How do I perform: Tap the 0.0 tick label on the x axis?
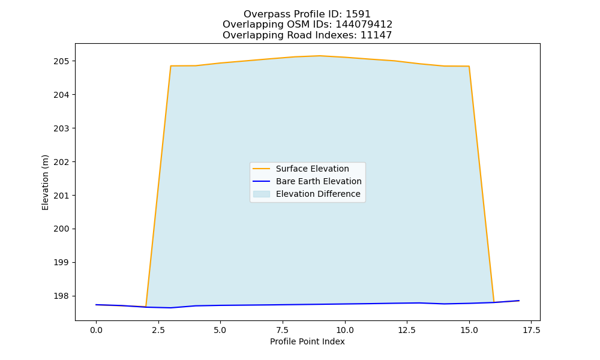coord(96,330)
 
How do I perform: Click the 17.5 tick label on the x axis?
coord(532,330)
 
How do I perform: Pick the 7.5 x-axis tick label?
coord(283,330)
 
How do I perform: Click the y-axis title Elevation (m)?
coord(45,182)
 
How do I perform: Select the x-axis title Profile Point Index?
coord(307,341)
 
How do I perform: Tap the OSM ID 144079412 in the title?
coord(364,25)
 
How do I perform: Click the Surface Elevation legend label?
coord(312,169)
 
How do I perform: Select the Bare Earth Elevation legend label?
coord(319,181)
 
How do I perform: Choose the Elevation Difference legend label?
coord(318,194)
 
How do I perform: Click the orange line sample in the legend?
coord(262,169)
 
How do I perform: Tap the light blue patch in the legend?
coord(262,194)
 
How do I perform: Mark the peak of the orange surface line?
coord(320,56)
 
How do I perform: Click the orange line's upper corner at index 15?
coord(469,66)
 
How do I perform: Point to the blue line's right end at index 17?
coord(519,301)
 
